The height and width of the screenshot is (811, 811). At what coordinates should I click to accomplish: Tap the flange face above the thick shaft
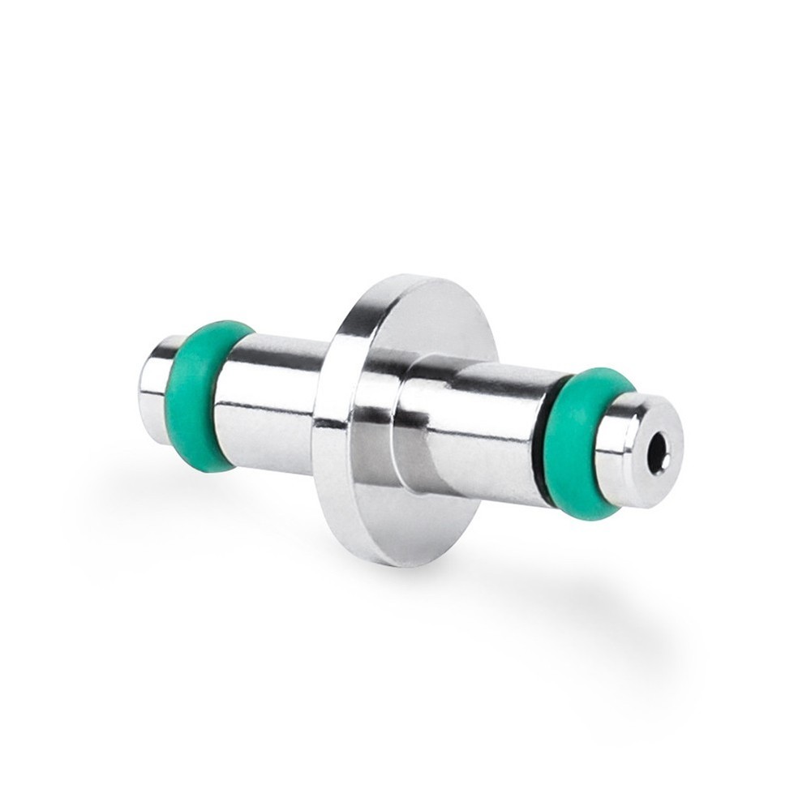click(430, 320)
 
